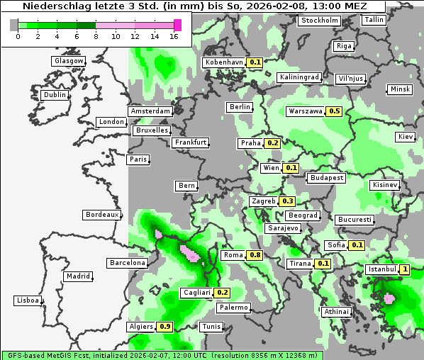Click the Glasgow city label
point(69,61)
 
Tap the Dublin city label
point(55,95)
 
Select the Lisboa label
point(27,300)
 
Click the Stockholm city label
point(319,21)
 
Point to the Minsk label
point(399,89)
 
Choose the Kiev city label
point(406,137)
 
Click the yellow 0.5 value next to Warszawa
point(335,111)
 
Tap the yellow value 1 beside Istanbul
point(404,269)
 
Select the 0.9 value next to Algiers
point(165,327)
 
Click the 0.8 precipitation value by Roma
point(255,255)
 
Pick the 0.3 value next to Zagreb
point(287,201)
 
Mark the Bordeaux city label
point(101,215)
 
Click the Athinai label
point(336,312)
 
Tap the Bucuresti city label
point(354,220)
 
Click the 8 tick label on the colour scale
point(96,36)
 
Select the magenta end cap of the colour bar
point(178,25)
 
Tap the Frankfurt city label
point(191,142)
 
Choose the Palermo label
point(233,308)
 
